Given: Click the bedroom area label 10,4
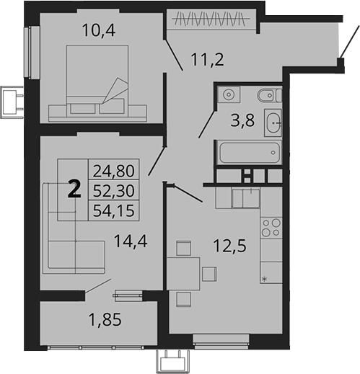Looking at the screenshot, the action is pos(99,30).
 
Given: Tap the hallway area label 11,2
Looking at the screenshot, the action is pos(207,60).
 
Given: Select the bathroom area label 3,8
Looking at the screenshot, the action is pos(242,120).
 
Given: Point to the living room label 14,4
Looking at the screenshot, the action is pos(131,241).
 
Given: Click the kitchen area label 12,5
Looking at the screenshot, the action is pos(230,246).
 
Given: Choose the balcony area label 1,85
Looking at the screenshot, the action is pos(105,320).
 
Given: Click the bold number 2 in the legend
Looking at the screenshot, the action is pos(74,189).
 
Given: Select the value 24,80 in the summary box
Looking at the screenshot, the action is pos(114,171).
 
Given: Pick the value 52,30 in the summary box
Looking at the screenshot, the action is pos(114,191).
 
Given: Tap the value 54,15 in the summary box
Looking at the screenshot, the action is pos(114,210).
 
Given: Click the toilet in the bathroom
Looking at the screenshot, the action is pos(269,95).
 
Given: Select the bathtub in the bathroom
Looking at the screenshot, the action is pos(250,152).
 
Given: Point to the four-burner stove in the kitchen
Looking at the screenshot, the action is pos(271,228).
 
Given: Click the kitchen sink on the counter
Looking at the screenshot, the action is pos(245,198).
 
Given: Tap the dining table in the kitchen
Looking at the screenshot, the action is pos(183,274).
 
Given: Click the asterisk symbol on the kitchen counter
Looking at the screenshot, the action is pos(264,279).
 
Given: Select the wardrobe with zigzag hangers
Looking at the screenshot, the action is pos(211,19).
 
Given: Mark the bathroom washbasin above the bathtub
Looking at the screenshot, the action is pos(273,123).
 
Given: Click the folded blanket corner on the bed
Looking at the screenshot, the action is pos(115,90).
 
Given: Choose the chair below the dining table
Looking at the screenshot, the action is pos(183,300).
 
